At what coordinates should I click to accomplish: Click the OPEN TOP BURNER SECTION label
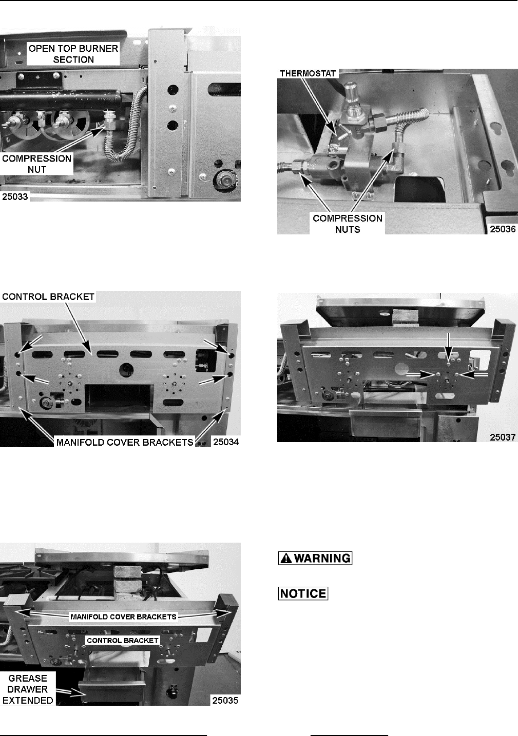(x=73, y=54)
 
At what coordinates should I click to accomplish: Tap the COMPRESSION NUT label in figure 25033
(x=36, y=164)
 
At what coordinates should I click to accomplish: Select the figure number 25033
(x=15, y=196)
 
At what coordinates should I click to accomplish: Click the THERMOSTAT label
(x=308, y=73)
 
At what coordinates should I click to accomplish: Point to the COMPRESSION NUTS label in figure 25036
(x=348, y=224)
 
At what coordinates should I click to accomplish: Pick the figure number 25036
(x=503, y=229)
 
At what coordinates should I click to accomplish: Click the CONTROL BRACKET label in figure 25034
(x=48, y=296)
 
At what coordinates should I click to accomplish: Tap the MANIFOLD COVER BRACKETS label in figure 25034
(x=125, y=442)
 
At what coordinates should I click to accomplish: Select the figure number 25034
(x=225, y=442)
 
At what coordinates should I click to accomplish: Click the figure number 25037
(x=503, y=437)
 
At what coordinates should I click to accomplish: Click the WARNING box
(x=315, y=558)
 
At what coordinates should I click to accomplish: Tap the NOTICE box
(x=303, y=593)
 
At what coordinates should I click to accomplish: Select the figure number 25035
(x=225, y=701)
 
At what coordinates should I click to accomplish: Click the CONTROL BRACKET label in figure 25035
(x=123, y=641)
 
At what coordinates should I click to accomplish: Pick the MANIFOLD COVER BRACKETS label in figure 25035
(x=123, y=616)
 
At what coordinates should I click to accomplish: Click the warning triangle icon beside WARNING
(x=286, y=558)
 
